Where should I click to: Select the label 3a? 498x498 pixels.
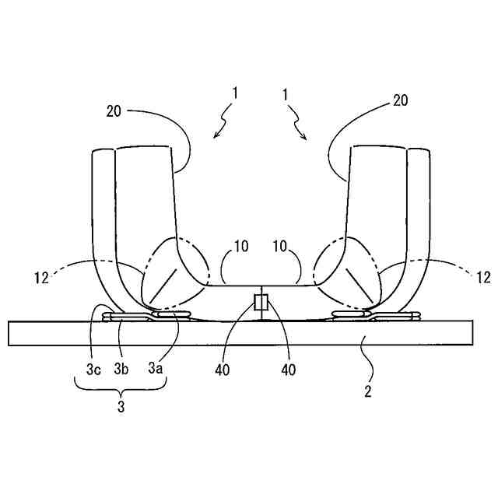155,370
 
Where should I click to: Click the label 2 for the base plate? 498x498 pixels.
367,391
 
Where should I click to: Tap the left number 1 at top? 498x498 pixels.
234,93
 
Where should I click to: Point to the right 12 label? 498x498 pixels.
483,276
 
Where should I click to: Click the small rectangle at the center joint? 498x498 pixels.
261,302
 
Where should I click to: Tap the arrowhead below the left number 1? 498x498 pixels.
216,137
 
